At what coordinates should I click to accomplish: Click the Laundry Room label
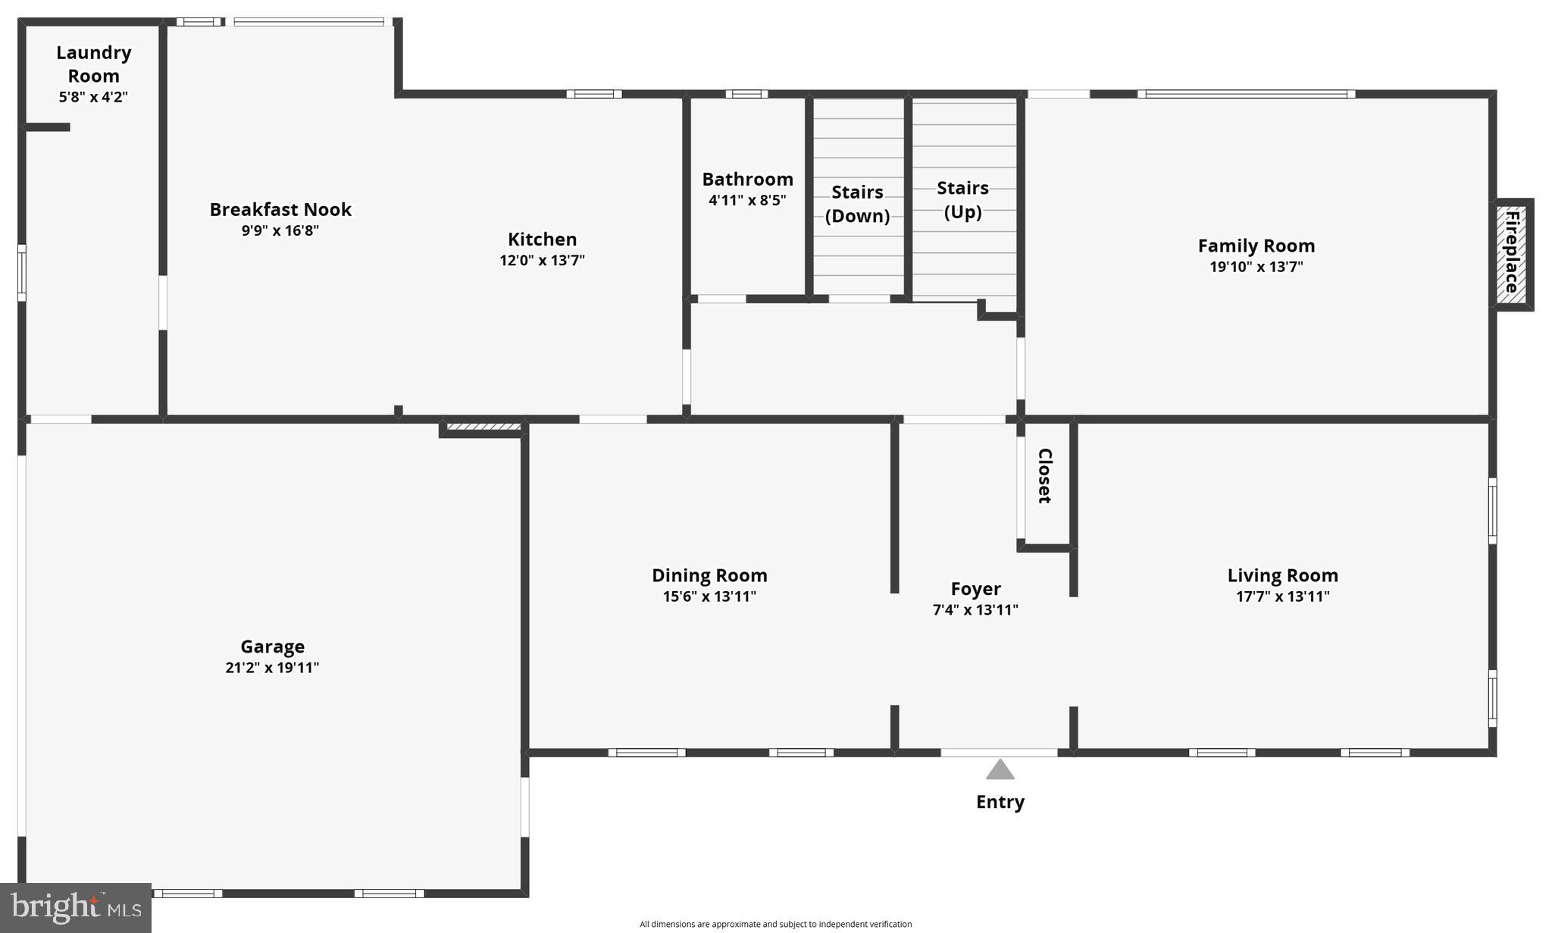[x=94, y=64]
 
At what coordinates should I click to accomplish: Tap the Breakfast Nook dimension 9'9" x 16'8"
[x=280, y=230]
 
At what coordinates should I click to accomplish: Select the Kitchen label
[x=542, y=240]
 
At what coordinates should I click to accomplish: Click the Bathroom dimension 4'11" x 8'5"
[x=747, y=200]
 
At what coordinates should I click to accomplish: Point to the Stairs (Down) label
[x=857, y=204]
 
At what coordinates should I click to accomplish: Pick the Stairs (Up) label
[x=962, y=199]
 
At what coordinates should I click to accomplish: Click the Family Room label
[x=1256, y=246]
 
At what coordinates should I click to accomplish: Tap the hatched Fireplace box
[x=1512, y=254]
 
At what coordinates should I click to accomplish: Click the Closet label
[x=1044, y=476]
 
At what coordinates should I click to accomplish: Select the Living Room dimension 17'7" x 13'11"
[x=1282, y=596]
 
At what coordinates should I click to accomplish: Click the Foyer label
[x=975, y=589]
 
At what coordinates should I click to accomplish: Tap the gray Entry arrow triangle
[x=1000, y=771]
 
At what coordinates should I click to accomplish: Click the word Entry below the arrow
[x=1000, y=802]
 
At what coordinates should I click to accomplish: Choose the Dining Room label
[x=709, y=575]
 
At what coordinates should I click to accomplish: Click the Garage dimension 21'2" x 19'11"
[x=272, y=668]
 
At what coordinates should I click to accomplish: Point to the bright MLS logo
[x=76, y=907]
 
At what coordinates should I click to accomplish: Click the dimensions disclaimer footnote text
[x=775, y=924]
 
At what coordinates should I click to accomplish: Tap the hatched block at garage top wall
[x=483, y=427]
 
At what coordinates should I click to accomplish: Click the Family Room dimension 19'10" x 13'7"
[x=1256, y=267]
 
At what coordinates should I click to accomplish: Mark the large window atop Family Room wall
[x=1246, y=94]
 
